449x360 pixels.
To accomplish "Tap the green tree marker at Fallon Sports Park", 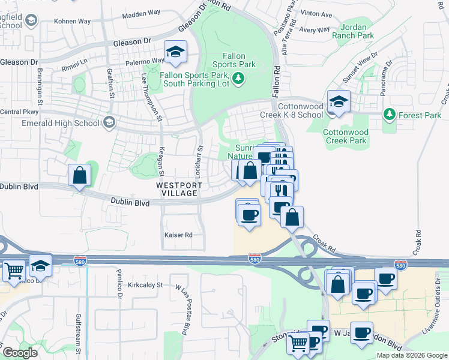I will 239,77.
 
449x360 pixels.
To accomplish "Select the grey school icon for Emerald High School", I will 109,123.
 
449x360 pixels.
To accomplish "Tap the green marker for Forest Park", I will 390,113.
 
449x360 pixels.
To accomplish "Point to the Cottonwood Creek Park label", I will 345,136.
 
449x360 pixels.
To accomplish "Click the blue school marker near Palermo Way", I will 175,52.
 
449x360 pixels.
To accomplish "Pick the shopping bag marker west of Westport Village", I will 79,176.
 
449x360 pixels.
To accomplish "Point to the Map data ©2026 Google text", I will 411,355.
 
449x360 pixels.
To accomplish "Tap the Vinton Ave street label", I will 318,13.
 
